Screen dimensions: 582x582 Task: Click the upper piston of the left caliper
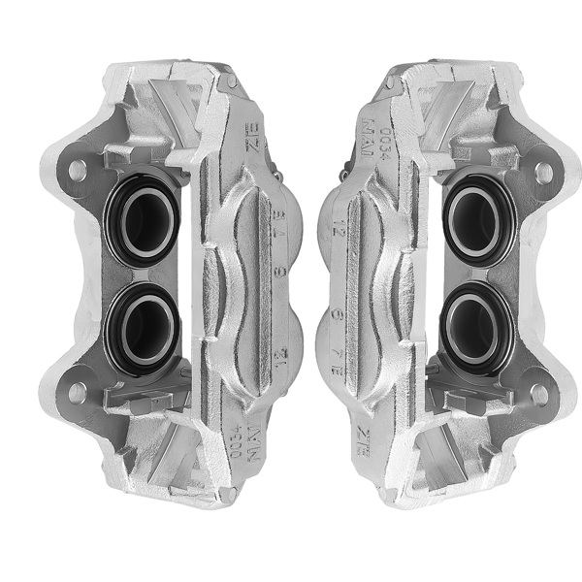(x=143, y=219)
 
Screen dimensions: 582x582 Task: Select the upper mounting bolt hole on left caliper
(x=77, y=171)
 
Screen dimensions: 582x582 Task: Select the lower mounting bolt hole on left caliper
(x=77, y=391)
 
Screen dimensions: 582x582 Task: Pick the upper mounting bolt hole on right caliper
(x=543, y=172)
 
